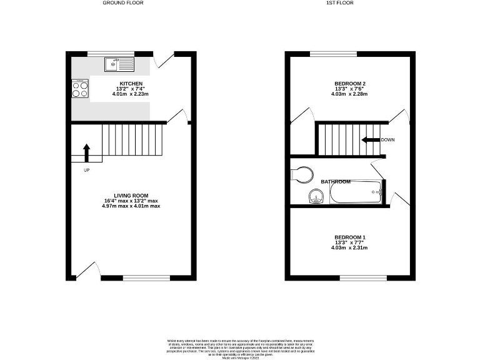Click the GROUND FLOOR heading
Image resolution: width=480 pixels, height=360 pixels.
click(122, 3)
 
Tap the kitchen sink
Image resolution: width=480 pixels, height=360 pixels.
click(118, 63)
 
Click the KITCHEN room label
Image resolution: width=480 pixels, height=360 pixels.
click(131, 84)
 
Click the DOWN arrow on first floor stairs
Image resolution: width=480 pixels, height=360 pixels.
click(370, 140)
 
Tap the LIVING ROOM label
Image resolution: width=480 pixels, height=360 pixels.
click(132, 196)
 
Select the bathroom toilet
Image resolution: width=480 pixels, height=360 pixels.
click(301, 173)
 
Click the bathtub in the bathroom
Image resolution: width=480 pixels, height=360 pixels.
click(354, 192)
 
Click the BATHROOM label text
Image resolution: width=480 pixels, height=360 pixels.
click(336, 181)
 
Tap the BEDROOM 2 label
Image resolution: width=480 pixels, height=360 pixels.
click(349, 84)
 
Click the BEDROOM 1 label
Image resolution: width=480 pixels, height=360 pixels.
click(349, 237)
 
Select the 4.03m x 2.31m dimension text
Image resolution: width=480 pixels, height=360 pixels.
click(349, 248)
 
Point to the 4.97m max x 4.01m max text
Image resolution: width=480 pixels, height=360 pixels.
click(132, 206)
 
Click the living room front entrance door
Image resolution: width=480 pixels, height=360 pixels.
click(86, 271)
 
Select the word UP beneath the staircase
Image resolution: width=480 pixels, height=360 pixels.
click(86, 169)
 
